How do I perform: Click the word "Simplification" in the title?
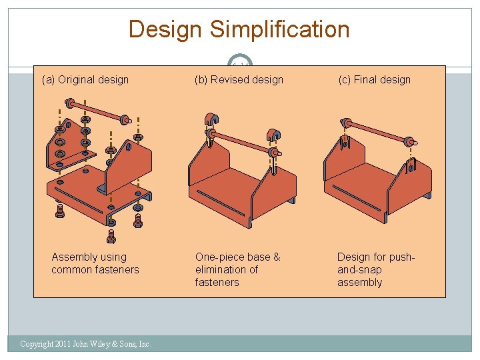click(279, 29)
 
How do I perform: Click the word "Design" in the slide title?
click(165, 29)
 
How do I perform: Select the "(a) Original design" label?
click(85, 80)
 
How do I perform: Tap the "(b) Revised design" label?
click(239, 80)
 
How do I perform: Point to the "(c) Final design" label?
click(375, 80)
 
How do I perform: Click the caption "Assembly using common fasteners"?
click(95, 263)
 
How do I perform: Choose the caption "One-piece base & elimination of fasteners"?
click(237, 269)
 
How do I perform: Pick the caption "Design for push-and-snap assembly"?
click(376, 269)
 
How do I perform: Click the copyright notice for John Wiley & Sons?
click(86, 344)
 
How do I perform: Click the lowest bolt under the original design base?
click(111, 236)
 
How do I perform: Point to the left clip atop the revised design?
click(211, 121)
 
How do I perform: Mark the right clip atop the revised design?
click(272, 135)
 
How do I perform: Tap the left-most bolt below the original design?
click(59, 211)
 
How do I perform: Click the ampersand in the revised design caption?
click(276, 257)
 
